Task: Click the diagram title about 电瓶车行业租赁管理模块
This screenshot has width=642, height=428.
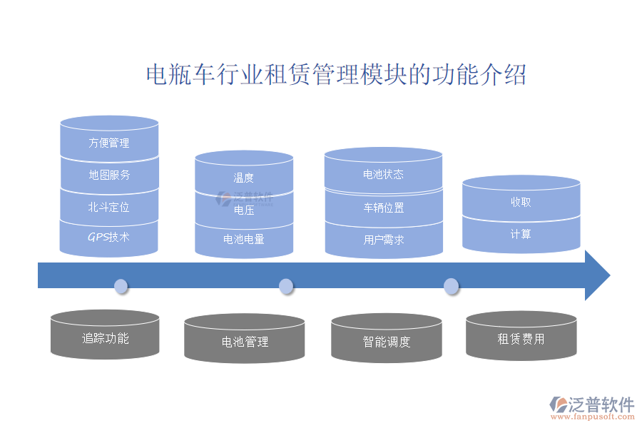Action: pyautogui.click(x=336, y=75)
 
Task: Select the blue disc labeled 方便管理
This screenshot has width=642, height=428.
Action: pyautogui.click(x=109, y=143)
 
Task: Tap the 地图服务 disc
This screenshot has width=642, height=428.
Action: pyautogui.click(x=109, y=175)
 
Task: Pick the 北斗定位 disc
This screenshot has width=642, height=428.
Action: pyautogui.click(x=109, y=208)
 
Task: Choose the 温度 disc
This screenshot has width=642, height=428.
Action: pyautogui.click(x=244, y=178)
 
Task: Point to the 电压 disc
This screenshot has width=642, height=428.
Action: pyautogui.click(x=244, y=210)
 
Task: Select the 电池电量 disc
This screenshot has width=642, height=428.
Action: pyautogui.click(x=244, y=240)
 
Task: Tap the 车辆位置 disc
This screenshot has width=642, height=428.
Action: pyautogui.click(x=383, y=208)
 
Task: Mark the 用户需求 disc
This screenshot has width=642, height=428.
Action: pyautogui.click(x=383, y=240)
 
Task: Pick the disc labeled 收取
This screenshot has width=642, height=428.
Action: pyautogui.click(x=521, y=202)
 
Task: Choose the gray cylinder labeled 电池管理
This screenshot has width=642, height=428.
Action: pyautogui.click(x=245, y=342)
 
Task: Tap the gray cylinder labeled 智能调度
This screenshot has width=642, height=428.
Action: pyautogui.click(x=386, y=342)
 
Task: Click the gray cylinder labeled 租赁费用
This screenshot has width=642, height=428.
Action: pyautogui.click(x=521, y=339)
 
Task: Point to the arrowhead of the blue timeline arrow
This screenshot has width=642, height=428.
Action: pyautogui.click(x=597, y=275)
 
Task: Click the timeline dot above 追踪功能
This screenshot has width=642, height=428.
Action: pyautogui.click(x=121, y=287)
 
